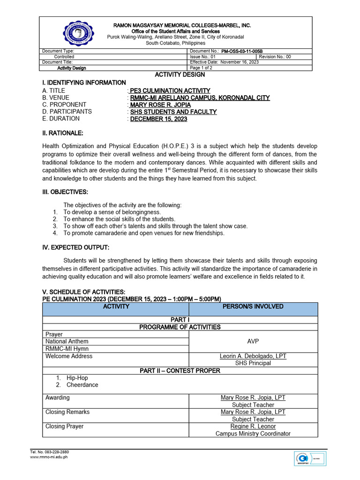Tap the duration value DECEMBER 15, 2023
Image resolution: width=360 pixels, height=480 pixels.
(158, 119)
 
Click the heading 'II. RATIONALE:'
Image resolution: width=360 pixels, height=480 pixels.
(62, 134)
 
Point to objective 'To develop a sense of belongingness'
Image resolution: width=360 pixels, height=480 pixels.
(105, 212)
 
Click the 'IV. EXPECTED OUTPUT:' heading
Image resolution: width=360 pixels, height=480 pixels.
(75, 247)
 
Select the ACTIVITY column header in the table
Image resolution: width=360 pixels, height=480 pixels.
(116, 307)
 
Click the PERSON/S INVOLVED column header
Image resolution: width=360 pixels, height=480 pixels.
(253, 307)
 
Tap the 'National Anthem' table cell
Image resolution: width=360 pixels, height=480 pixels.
(67, 342)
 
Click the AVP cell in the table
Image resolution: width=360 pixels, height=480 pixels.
(253, 342)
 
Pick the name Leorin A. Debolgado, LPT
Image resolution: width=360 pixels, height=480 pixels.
(253, 356)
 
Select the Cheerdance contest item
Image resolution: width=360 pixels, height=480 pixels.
(82, 385)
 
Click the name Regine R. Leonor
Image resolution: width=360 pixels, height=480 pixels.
(253, 427)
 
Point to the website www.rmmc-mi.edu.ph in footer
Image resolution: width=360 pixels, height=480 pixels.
(49, 456)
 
